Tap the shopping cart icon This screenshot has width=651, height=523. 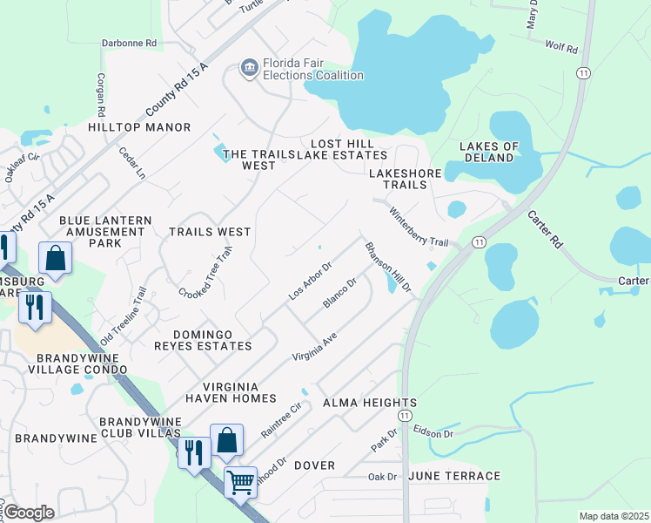pyautogui.click(x=240, y=480)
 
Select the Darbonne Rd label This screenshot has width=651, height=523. pyautogui.click(x=129, y=42)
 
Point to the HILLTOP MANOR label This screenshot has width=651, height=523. pyautogui.click(x=139, y=127)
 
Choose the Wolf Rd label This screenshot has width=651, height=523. pyautogui.click(x=561, y=47)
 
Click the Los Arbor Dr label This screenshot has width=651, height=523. pyautogui.click(x=311, y=280)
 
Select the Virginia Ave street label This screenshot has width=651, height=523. pyautogui.click(x=314, y=345)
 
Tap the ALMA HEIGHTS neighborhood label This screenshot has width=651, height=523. pyautogui.click(x=370, y=403)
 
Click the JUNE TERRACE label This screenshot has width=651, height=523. pyautogui.click(x=454, y=476)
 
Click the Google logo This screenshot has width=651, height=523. pyautogui.click(x=29, y=513)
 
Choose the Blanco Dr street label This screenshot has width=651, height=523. pyautogui.click(x=340, y=292)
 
